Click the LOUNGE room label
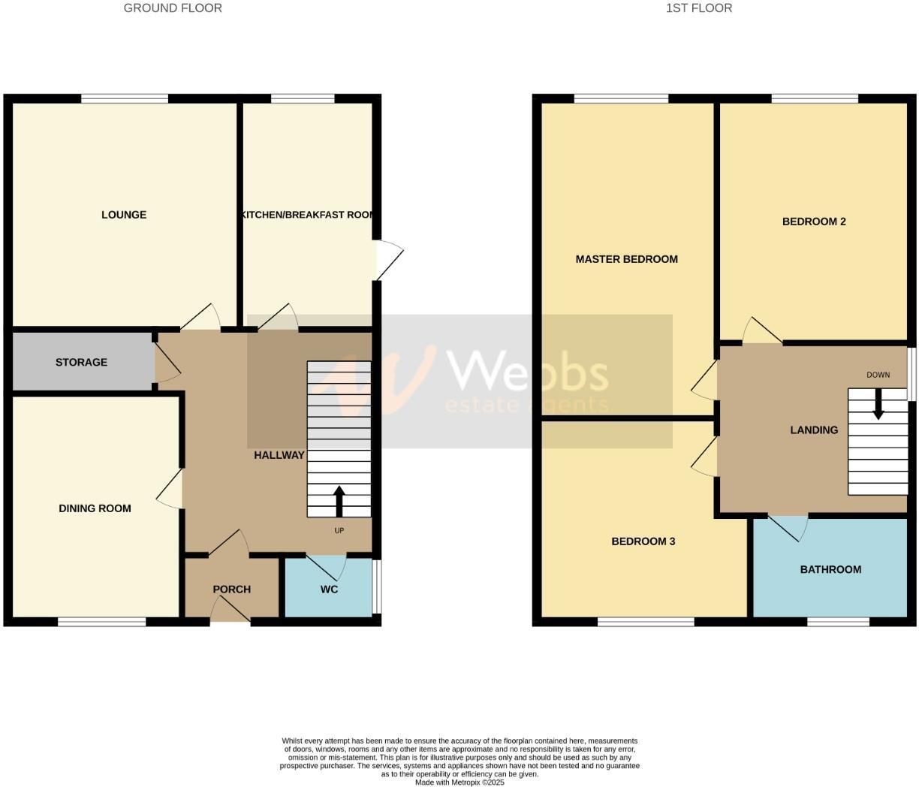click(x=124, y=215)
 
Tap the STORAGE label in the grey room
click(x=81, y=362)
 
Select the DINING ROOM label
click(x=95, y=508)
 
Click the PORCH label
click(x=231, y=589)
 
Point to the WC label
click(x=329, y=589)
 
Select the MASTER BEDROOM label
click(x=626, y=259)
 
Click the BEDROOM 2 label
click(x=814, y=222)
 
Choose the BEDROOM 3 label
click(x=643, y=541)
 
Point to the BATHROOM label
click(x=830, y=569)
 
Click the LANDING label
click(x=814, y=430)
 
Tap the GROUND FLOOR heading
click(x=173, y=8)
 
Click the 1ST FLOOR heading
click(x=698, y=8)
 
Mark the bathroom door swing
click(x=788, y=527)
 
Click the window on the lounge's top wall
click(x=125, y=98)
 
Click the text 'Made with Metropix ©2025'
click(x=459, y=782)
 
